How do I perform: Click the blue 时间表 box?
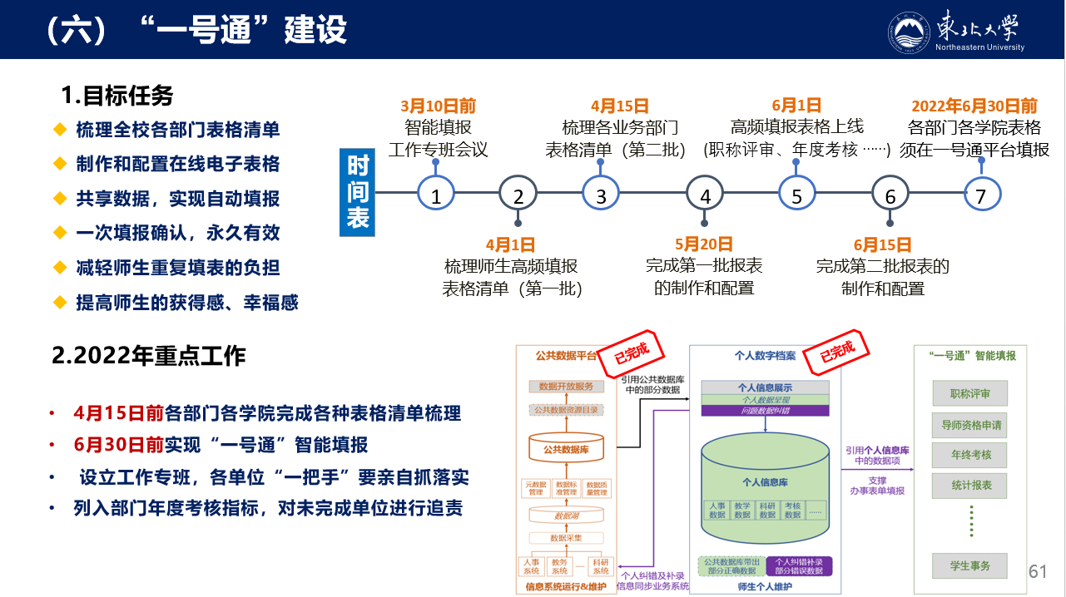[358, 192]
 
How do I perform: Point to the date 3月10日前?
[439, 106]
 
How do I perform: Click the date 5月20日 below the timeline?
[704, 244]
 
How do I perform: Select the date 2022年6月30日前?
[974, 106]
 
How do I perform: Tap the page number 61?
[1038, 571]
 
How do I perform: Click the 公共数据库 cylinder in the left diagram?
[566, 450]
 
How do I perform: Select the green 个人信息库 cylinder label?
[766, 481]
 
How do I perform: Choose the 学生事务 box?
[971, 565]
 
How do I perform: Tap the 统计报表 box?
[971, 485]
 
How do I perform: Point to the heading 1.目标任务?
[117, 96]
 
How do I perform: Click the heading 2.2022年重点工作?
[149, 356]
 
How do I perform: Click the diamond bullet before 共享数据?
[59, 198]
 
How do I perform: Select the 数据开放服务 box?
[566, 387]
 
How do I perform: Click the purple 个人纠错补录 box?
[799, 566]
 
